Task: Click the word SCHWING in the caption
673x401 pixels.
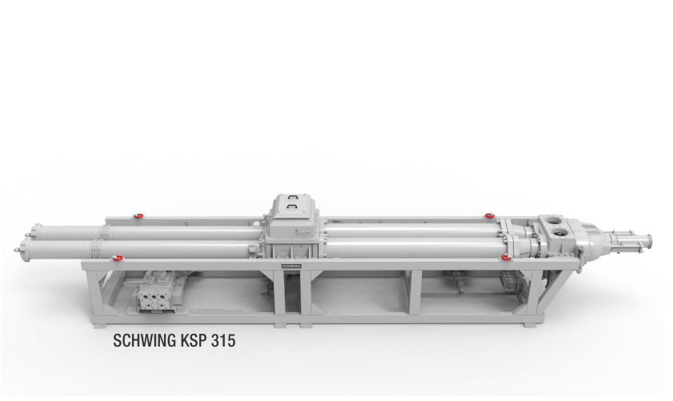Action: [145, 340]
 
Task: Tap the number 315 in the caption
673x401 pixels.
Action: [223, 340]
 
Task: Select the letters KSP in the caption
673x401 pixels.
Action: [194, 340]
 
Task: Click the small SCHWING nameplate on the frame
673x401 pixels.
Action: [291, 266]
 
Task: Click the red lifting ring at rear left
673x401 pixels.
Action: [138, 215]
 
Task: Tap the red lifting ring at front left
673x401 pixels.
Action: [117, 258]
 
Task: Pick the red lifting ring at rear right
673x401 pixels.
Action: [489, 215]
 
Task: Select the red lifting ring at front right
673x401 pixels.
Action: [507, 258]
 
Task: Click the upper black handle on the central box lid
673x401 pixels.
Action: [293, 198]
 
